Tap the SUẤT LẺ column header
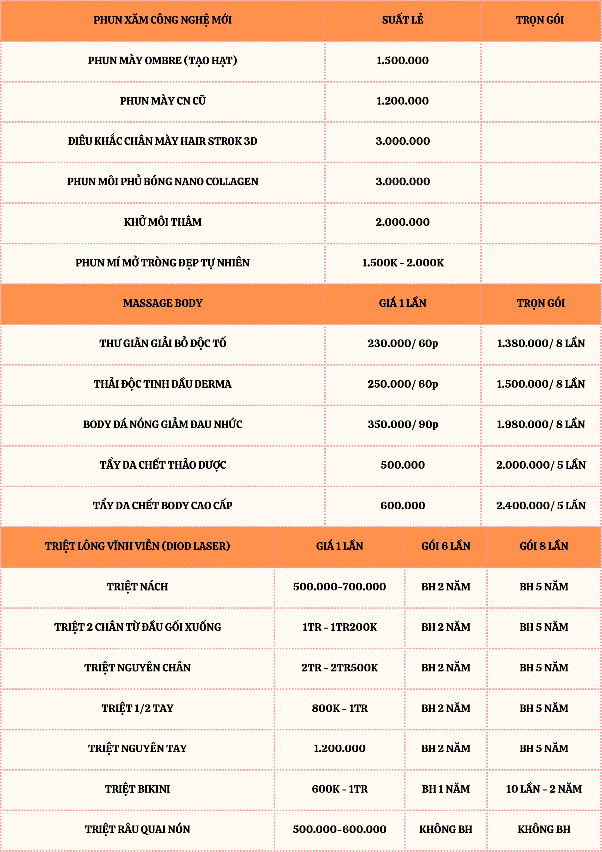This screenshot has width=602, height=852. (x=402, y=20)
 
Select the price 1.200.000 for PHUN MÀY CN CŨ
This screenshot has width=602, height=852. (x=402, y=101)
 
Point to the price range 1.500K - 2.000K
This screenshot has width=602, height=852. (x=402, y=262)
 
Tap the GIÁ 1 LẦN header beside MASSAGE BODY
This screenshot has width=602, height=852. (x=402, y=303)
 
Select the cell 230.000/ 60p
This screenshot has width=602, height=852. (x=402, y=343)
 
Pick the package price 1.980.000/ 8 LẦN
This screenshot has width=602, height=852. (x=540, y=424)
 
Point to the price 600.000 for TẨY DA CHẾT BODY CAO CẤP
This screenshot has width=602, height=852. (x=402, y=505)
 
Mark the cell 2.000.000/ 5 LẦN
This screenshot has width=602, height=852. (x=540, y=465)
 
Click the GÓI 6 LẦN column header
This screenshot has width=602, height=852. (x=445, y=546)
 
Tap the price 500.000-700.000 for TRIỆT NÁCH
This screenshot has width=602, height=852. (x=339, y=587)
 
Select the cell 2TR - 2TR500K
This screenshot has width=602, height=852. (x=339, y=668)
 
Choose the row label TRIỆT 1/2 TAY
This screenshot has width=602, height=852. (x=137, y=708)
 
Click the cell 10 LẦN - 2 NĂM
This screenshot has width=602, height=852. (x=544, y=789)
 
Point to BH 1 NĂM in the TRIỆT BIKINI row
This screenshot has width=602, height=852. (x=445, y=789)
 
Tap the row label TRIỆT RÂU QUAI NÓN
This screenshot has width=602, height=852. (x=137, y=829)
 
